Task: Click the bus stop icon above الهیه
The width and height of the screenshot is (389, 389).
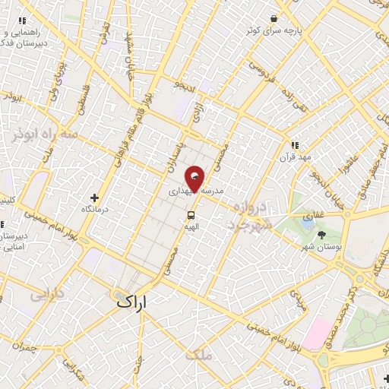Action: click(191, 213)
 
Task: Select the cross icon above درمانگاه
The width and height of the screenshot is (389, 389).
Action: click(95, 198)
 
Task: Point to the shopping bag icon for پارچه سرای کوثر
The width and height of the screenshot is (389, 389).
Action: click(272, 18)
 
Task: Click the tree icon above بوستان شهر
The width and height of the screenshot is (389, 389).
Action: click(321, 234)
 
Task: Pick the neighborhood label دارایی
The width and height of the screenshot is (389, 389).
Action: click(49, 293)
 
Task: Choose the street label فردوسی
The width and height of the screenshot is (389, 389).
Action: click(261, 76)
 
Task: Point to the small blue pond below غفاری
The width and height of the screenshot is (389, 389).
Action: click(308, 226)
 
